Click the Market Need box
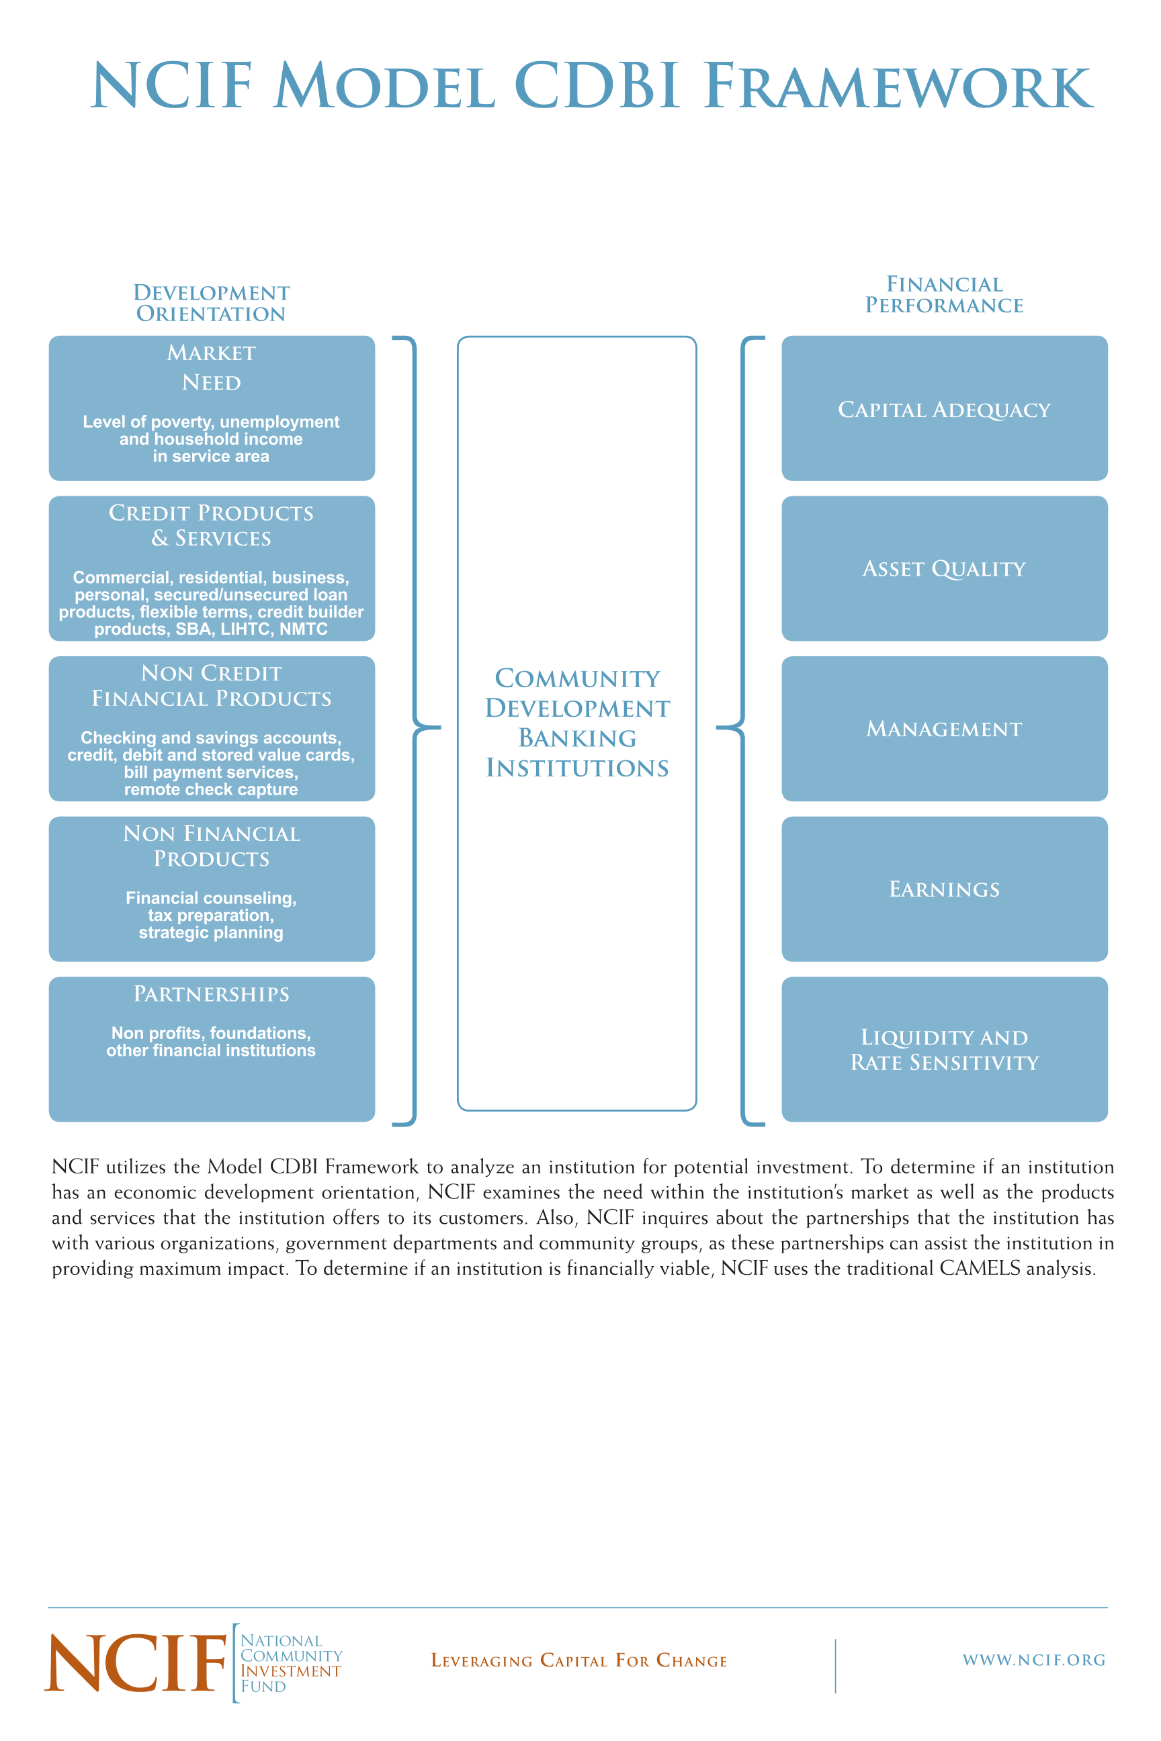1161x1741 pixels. click(x=212, y=408)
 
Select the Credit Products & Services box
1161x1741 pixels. click(x=212, y=568)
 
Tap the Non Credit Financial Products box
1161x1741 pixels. click(x=212, y=728)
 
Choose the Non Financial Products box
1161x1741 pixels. click(x=212, y=888)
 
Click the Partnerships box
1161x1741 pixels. click(x=212, y=1049)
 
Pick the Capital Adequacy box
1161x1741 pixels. click(x=944, y=408)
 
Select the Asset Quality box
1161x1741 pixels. click(x=944, y=568)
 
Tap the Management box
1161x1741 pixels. click(x=944, y=728)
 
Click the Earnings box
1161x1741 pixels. click(x=944, y=888)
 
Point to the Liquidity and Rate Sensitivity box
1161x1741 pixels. click(x=944, y=1049)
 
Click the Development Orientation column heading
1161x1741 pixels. click(x=212, y=303)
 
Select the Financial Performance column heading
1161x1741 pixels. click(x=944, y=295)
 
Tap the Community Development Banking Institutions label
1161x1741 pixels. click(x=576, y=723)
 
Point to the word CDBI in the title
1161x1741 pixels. click(x=596, y=86)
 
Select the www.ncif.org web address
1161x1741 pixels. click(x=1033, y=1660)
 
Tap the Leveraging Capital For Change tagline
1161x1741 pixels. click(x=579, y=1660)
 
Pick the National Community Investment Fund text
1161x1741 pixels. click(x=291, y=1663)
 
